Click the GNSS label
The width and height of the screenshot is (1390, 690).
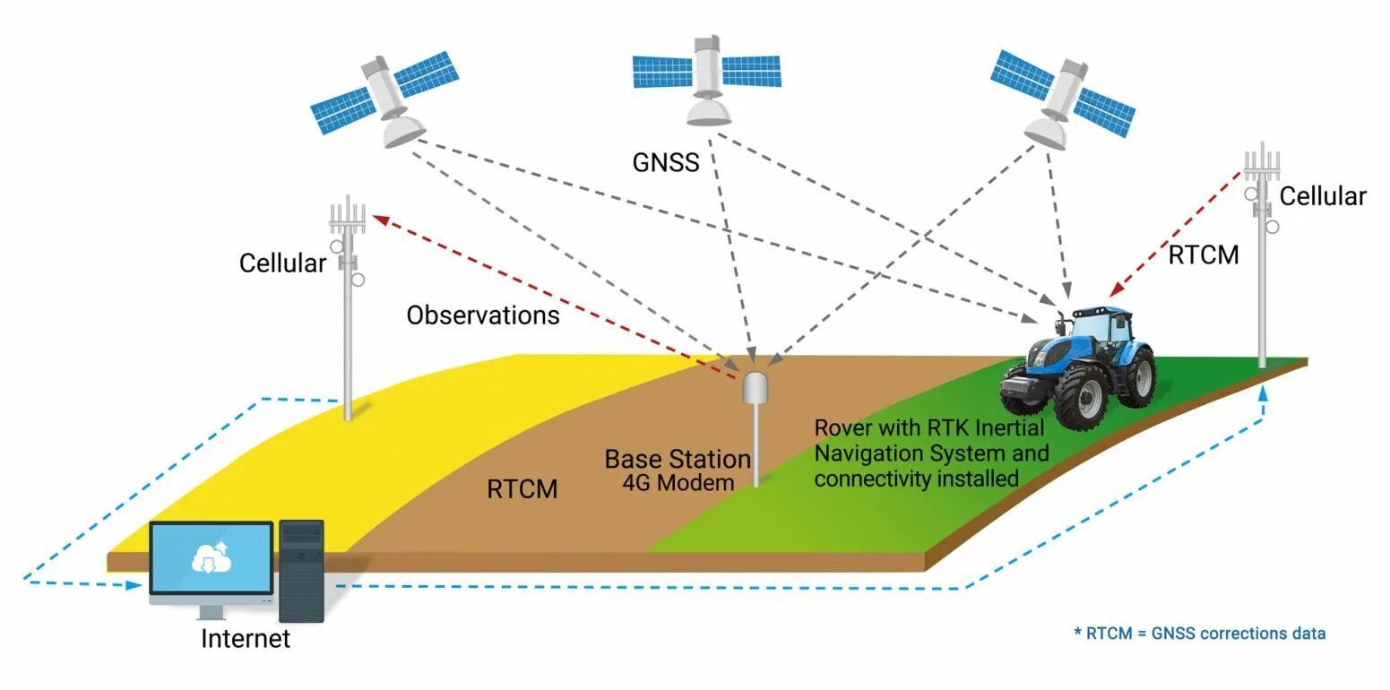pos(665,163)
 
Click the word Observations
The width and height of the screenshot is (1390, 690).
pos(482,315)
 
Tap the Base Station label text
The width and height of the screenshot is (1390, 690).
pos(678,460)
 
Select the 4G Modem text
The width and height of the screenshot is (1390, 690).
pos(678,482)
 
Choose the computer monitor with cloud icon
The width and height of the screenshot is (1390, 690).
pos(212,560)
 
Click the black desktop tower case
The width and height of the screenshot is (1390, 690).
pos(301,571)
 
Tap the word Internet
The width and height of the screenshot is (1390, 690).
pos(246,639)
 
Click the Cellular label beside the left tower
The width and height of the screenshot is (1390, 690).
pos(282,263)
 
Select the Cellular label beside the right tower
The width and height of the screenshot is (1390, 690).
pos(1322,196)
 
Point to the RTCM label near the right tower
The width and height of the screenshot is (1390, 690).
pos(1203,255)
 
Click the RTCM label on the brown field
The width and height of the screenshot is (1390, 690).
pos(522,489)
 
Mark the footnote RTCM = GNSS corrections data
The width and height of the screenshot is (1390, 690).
pos(1199,634)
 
